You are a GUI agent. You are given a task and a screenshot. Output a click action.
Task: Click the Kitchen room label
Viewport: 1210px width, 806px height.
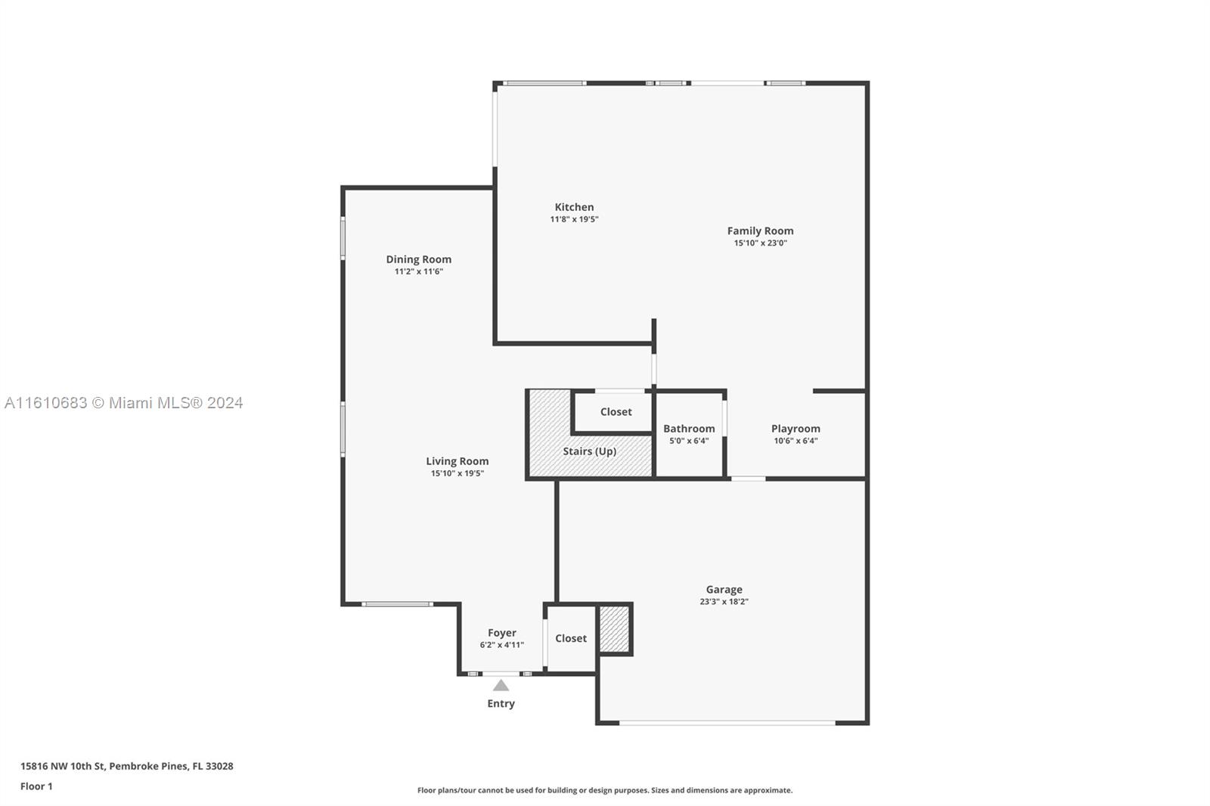click(x=574, y=207)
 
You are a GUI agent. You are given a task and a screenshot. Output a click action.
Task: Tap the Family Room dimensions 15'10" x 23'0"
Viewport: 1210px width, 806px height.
click(x=761, y=243)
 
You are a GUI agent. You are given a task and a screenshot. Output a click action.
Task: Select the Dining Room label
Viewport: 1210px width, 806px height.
click(x=419, y=259)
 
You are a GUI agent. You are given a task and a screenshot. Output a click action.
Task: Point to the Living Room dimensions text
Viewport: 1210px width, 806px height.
click(x=458, y=473)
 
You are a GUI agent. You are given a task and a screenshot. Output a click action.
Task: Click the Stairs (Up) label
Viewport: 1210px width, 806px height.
click(x=590, y=451)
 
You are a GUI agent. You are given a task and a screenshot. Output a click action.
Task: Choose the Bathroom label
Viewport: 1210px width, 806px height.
click(x=689, y=429)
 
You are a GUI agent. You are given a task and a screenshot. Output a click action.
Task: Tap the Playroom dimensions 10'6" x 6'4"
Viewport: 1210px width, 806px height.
click(x=796, y=441)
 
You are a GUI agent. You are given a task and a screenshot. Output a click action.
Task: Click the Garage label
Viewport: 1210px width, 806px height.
click(x=724, y=589)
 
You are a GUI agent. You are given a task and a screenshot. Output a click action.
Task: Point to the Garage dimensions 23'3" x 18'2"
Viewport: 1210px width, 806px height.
click(x=724, y=602)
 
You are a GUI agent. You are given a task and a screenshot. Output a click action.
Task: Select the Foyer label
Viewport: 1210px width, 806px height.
click(x=502, y=633)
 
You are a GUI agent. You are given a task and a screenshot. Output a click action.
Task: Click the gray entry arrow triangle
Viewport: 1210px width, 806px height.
click(x=501, y=686)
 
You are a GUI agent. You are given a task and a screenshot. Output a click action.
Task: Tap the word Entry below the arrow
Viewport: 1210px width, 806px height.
click(x=501, y=703)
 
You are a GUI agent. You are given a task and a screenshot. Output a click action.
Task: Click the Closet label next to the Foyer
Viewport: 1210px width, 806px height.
click(x=571, y=638)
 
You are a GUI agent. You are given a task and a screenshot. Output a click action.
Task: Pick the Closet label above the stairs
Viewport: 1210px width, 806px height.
click(x=616, y=411)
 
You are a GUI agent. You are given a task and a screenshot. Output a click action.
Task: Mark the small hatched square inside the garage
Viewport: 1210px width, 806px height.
click(x=615, y=629)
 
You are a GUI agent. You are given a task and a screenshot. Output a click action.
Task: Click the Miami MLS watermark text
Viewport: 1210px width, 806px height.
click(x=124, y=403)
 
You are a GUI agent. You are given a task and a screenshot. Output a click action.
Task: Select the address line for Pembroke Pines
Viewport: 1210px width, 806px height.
click(x=127, y=766)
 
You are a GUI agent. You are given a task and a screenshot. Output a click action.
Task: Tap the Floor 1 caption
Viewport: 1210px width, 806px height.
click(x=37, y=786)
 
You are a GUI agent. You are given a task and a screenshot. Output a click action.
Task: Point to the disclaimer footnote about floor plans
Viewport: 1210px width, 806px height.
click(x=605, y=790)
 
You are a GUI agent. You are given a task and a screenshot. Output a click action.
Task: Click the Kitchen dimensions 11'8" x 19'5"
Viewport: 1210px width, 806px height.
click(x=574, y=219)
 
